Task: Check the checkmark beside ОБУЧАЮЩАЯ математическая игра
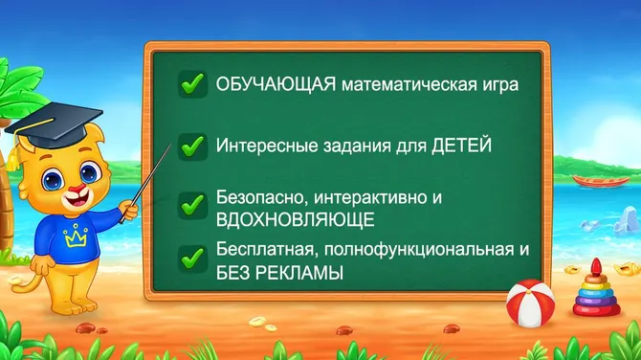[193, 83]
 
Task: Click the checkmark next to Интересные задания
[193, 146]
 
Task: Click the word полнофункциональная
[419, 251]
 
